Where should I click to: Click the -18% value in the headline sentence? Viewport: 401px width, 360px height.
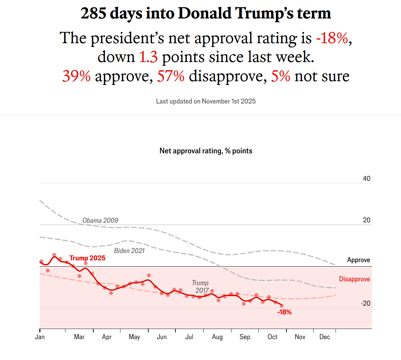coord(332,38)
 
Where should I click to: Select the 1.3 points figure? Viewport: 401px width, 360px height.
coord(148,57)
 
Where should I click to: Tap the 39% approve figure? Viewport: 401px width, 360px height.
coord(76,76)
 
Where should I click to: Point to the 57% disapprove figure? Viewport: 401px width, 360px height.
coord(171,76)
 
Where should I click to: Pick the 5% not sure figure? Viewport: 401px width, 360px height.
coord(281,76)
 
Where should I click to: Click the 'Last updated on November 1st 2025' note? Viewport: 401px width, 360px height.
coord(206,101)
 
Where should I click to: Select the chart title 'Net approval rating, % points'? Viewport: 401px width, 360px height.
coord(206,151)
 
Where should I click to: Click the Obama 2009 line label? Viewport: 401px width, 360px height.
coord(100,220)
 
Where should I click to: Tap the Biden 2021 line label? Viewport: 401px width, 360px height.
coord(129,251)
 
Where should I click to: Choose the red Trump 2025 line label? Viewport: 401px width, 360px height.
coord(87,258)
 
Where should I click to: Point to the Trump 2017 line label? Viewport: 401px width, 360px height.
coord(200,286)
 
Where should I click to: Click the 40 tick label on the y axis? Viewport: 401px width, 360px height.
coord(367,179)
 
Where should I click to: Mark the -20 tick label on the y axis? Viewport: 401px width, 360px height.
coord(365,304)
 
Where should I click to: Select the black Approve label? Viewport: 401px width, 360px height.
coord(359,260)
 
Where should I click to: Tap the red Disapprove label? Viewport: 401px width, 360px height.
coord(354,279)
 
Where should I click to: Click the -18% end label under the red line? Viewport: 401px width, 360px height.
coord(284,312)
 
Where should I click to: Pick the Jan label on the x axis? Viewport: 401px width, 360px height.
coord(40,337)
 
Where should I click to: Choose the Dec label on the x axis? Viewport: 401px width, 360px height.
coord(325,337)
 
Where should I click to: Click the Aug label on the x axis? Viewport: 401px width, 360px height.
coord(218,337)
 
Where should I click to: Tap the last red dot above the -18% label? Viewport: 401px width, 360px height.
coord(282,306)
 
